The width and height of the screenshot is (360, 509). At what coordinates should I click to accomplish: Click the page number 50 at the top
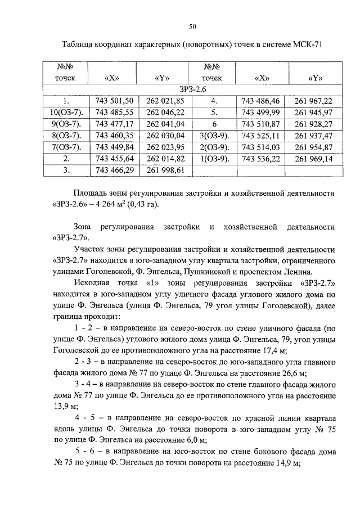pos(192,26)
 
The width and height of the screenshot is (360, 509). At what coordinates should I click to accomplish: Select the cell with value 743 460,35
pos(114,135)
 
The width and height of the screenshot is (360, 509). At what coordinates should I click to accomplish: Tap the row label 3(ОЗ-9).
pos(214,135)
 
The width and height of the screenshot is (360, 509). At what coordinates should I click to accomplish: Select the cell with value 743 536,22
pos(260,158)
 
